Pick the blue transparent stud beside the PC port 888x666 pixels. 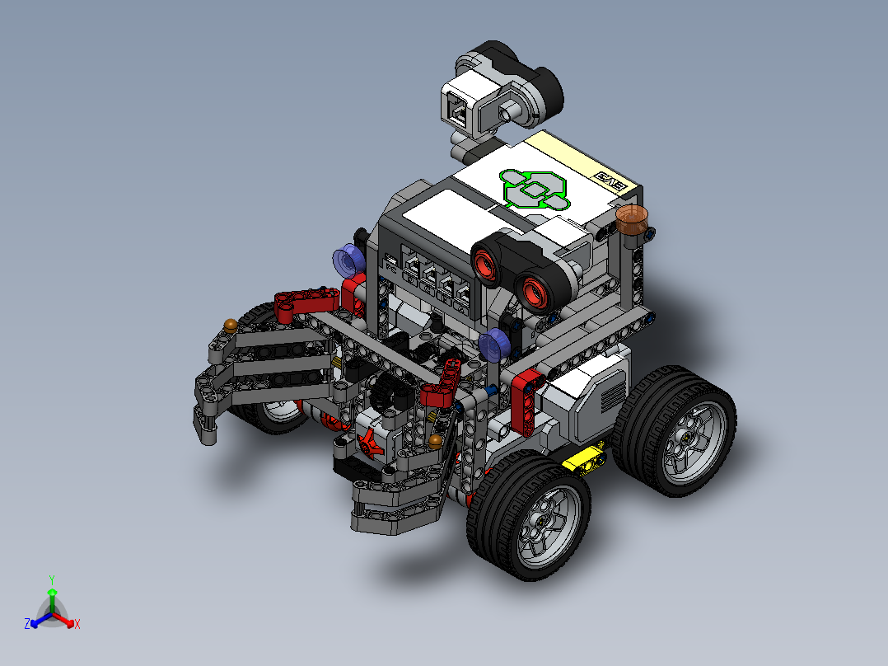coord(348,261)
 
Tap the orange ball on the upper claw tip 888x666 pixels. coord(231,325)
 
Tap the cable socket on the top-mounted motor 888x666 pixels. coord(456,106)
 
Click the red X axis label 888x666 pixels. coord(77,625)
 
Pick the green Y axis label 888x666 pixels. coord(52,579)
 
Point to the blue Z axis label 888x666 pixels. coord(27,625)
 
